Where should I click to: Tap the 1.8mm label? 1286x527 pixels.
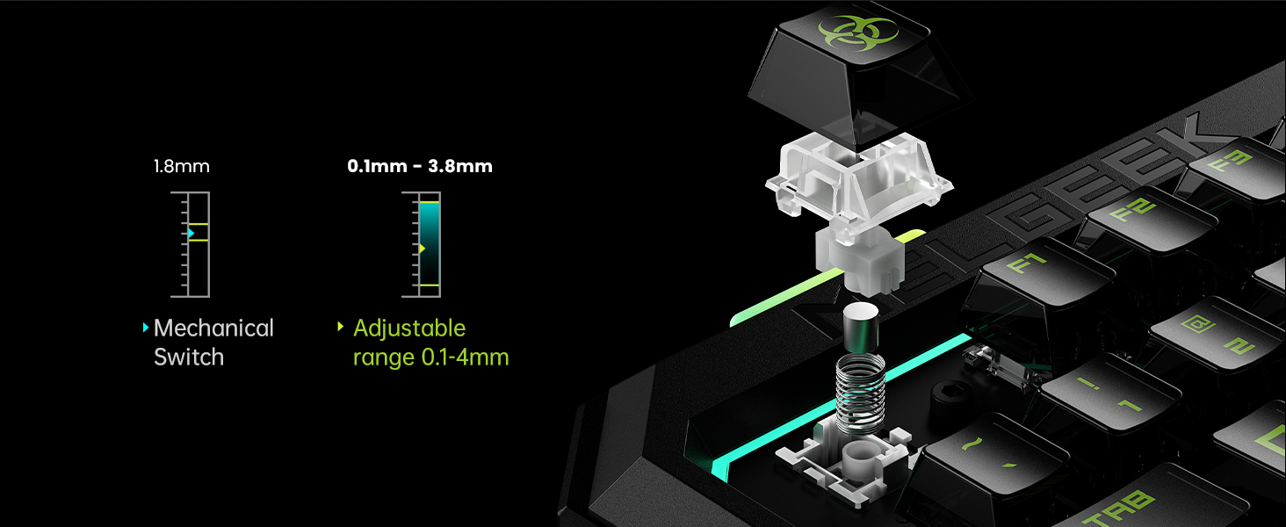182,167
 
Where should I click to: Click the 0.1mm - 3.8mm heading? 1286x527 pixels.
420,166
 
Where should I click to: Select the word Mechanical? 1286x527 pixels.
213,328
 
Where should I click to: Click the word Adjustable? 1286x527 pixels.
409,328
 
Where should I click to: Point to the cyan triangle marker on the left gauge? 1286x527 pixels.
191,233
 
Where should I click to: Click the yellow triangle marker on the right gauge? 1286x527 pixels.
422,249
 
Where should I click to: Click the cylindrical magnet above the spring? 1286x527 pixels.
861,328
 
